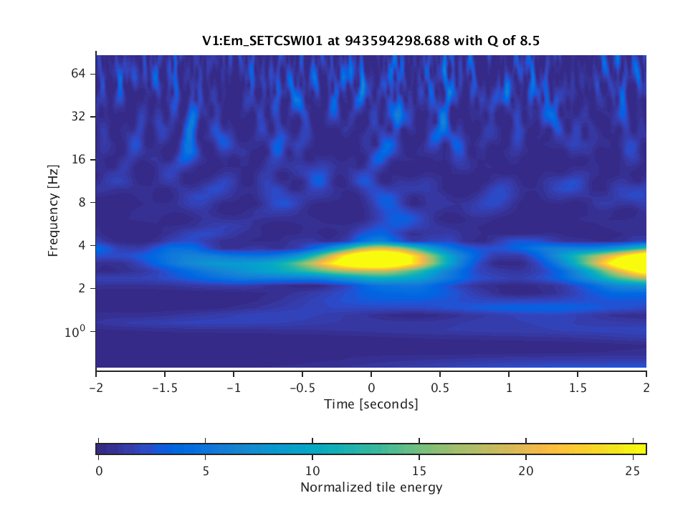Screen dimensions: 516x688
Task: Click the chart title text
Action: (371, 41)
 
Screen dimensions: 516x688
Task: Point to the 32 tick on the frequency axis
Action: (78, 116)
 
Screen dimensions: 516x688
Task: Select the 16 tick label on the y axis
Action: (78, 159)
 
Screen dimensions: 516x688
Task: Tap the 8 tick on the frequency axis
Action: (82, 202)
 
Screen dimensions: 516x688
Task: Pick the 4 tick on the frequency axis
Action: (82, 245)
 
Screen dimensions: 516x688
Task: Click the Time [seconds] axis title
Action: (371, 404)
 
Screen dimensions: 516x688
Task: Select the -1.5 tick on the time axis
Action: (164, 384)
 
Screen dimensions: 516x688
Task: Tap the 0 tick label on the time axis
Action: (371, 384)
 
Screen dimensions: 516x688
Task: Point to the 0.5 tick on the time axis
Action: (440, 384)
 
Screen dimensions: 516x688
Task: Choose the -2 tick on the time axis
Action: (96, 384)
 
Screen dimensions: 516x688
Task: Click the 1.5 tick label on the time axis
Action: (578, 384)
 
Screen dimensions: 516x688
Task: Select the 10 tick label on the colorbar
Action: (312, 470)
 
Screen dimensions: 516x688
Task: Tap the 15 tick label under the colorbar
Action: (419, 470)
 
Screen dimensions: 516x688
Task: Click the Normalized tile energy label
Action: (371, 488)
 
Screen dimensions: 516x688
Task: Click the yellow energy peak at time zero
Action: (371, 259)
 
